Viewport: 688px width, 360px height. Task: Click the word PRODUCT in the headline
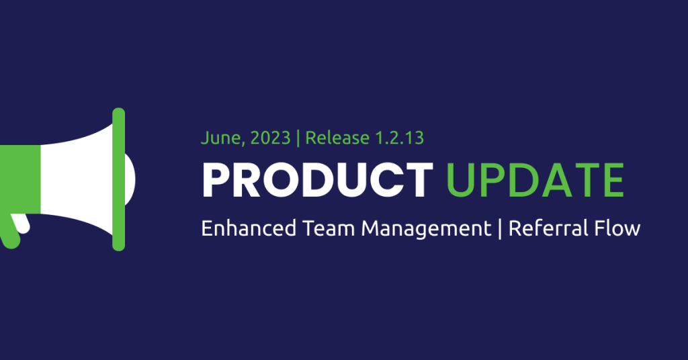pyautogui.click(x=317, y=180)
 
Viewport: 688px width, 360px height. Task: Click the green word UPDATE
pyautogui.click(x=535, y=180)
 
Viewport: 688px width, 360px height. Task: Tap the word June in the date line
pyautogui.click(x=220, y=138)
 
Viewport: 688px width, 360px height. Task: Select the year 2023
pyautogui.click(x=270, y=138)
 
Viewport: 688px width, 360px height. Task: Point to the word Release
pyautogui.click(x=337, y=138)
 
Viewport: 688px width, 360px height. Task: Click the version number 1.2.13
pyautogui.click(x=400, y=138)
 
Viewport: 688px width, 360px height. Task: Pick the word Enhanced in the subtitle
pyautogui.click(x=249, y=228)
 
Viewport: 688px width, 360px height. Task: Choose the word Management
pyautogui.click(x=426, y=230)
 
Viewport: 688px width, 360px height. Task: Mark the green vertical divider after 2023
pyautogui.click(x=298, y=138)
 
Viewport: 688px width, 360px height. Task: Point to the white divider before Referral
pyautogui.click(x=500, y=229)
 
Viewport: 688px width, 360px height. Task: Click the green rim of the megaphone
pyautogui.click(x=118, y=179)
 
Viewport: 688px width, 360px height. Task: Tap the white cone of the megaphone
pyautogui.click(x=77, y=179)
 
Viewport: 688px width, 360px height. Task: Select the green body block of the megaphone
pyautogui.click(x=20, y=179)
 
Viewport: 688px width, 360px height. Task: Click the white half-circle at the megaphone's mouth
pyautogui.click(x=130, y=179)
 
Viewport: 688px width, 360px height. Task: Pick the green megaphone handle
pyautogui.click(x=9, y=231)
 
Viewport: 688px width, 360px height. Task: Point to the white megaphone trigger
pyautogui.click(x=21, y=223)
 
